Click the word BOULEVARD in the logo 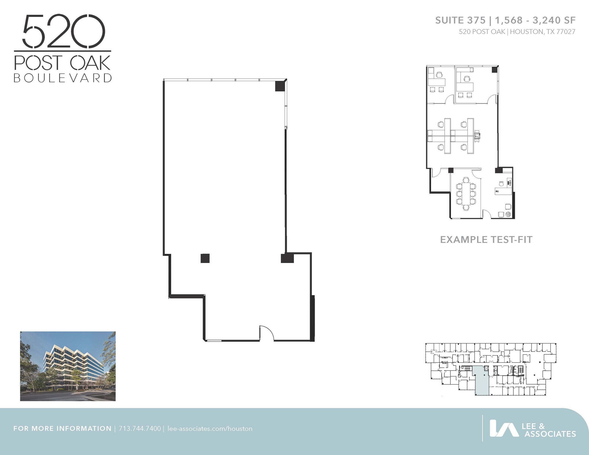point(63,78)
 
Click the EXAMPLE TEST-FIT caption point(486,240)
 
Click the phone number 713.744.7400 point(139,429)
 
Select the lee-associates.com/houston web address point(210,429)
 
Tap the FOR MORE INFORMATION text point(62,429)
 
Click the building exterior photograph point(68,366)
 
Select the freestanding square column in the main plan point(205,258)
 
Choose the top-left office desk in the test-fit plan point(437,82)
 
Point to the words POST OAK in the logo point(62,63)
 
